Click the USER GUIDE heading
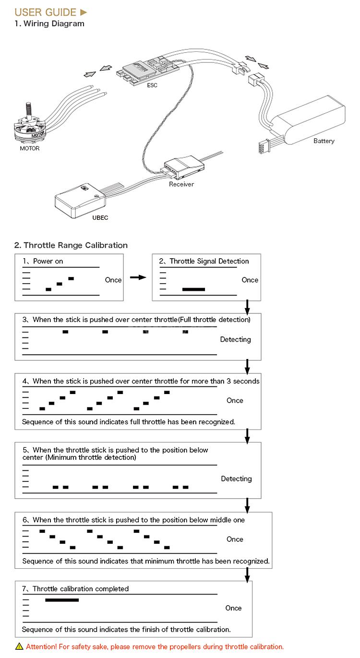pos(46,12)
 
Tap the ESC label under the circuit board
pos(152,85)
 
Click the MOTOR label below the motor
pos(30,148)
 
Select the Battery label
pos(324,141)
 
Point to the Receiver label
pos(181,184)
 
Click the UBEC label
pos(100,218)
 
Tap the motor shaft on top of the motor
pos(28,110)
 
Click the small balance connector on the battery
pos(264,146)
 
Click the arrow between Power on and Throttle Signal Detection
pos(138,277)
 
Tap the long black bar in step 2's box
pos(193,289)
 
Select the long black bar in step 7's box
pos(62,600)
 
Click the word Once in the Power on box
pos(113,280)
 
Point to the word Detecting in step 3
pos(235,340)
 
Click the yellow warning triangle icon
pos(19,646)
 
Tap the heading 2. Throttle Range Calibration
pos(71,245)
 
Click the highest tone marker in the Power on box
pos(71,278)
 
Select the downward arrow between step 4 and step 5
pos(247,436)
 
